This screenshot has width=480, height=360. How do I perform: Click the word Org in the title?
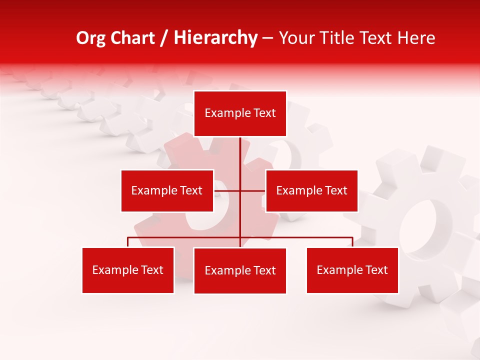pyautogui.click(x=90, y=38)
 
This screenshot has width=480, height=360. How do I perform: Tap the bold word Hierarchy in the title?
pyautogui.click(x=215, y=38)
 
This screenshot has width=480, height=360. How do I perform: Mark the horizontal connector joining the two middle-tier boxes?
pyautogui.click(x=227, y=190)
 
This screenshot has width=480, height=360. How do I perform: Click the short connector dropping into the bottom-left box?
pyautogui.click(x=128, y=242)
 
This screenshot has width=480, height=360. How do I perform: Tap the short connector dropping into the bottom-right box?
pyautogui.click(x=352, y=242)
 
